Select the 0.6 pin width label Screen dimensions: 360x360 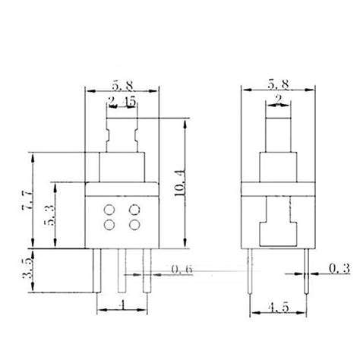coord(182,269)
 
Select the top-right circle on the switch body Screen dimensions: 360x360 coord(136,210)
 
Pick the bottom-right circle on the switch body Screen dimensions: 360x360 coord(136,225)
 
